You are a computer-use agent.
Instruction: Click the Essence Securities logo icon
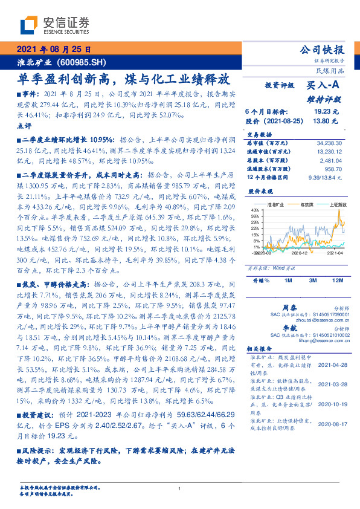click(28, 25)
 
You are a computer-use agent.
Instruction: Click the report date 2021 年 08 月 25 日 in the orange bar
click(54, 50)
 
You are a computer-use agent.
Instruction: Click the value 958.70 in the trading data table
click(332, 169)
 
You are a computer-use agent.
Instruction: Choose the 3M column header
click(313, 280)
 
